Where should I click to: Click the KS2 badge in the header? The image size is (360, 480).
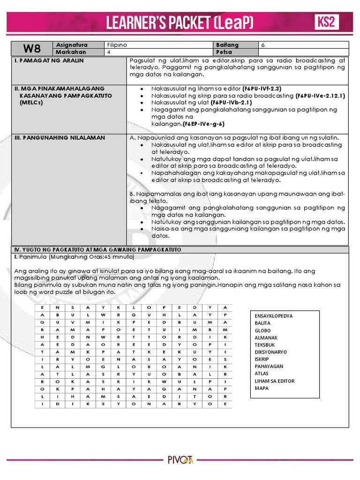click(326, 22)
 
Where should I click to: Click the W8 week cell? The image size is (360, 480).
click(32, 48)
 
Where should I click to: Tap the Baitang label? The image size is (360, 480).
click(227, 45)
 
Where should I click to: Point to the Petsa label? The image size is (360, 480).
click(224, 52)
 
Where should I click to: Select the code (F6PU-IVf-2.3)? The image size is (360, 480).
click(262, 89)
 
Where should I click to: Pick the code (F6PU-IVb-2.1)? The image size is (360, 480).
click(232, 103)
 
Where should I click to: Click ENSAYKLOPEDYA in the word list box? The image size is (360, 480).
click(273, 316)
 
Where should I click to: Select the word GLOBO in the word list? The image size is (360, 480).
click(262, 330)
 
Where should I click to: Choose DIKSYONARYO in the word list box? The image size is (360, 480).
click(270, 352)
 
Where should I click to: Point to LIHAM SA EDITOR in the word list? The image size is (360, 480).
click(274, 381)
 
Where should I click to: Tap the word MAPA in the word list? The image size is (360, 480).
click(262, 388)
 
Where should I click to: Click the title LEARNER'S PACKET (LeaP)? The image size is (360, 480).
click(180, 22)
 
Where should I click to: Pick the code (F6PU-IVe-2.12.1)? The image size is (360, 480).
click(320, 96)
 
